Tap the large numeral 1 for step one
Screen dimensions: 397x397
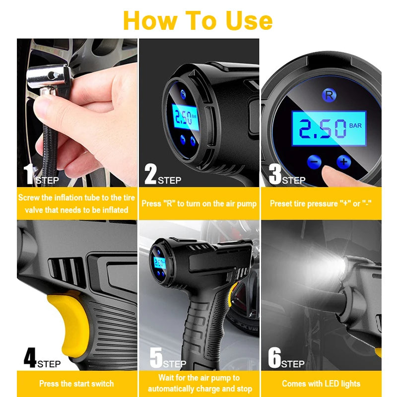pos(28,174)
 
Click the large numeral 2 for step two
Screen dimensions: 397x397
pos(150,174)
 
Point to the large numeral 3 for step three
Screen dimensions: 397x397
pos(274,174)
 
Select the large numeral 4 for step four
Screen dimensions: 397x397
pos(30,358)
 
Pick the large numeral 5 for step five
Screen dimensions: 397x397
pos(156,358)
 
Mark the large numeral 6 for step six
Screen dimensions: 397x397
pos(274,358)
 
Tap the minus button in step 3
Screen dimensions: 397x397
pos(314,161)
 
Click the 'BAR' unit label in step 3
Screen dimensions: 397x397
pos(356,126)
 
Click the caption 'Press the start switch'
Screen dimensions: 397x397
pos(76,384)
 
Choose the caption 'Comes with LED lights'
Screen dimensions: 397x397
pos(321,384)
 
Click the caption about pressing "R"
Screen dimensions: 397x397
pos(199,203)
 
